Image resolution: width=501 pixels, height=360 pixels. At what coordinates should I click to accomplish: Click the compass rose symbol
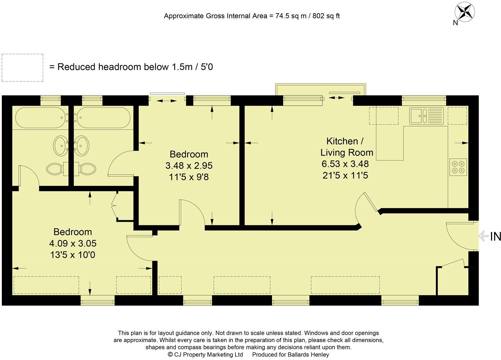click(x=464, y=12)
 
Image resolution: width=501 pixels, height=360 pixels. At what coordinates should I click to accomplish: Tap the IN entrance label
click(x=495, y=236)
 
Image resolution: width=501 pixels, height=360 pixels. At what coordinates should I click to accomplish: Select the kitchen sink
click(x=426, y=115)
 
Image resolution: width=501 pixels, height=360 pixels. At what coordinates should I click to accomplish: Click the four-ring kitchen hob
click(x=458, y=167)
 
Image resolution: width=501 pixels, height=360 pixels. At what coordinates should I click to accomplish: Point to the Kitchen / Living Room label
click(x=346, y=147)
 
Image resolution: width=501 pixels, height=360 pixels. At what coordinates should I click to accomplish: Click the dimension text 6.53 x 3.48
click(x=345, y=164)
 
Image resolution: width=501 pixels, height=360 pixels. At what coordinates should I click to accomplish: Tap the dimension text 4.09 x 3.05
click(x=73, y=243)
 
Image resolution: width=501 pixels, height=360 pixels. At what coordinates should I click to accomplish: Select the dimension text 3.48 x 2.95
click(x=189, y=166)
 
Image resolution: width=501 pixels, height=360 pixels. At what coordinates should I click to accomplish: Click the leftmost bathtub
click(x=40, y=117)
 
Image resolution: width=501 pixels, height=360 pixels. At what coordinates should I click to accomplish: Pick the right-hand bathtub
click(x=103, y=117)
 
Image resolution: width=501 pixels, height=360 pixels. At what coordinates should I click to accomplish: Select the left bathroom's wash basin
click(x=60, y=146)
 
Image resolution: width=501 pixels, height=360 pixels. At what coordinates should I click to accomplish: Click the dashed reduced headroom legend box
click(x=22, y=68)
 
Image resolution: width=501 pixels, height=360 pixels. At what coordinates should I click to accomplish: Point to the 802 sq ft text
click(x=326, y=16)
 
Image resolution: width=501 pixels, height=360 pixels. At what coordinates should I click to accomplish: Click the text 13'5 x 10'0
click(x=73, y=255)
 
